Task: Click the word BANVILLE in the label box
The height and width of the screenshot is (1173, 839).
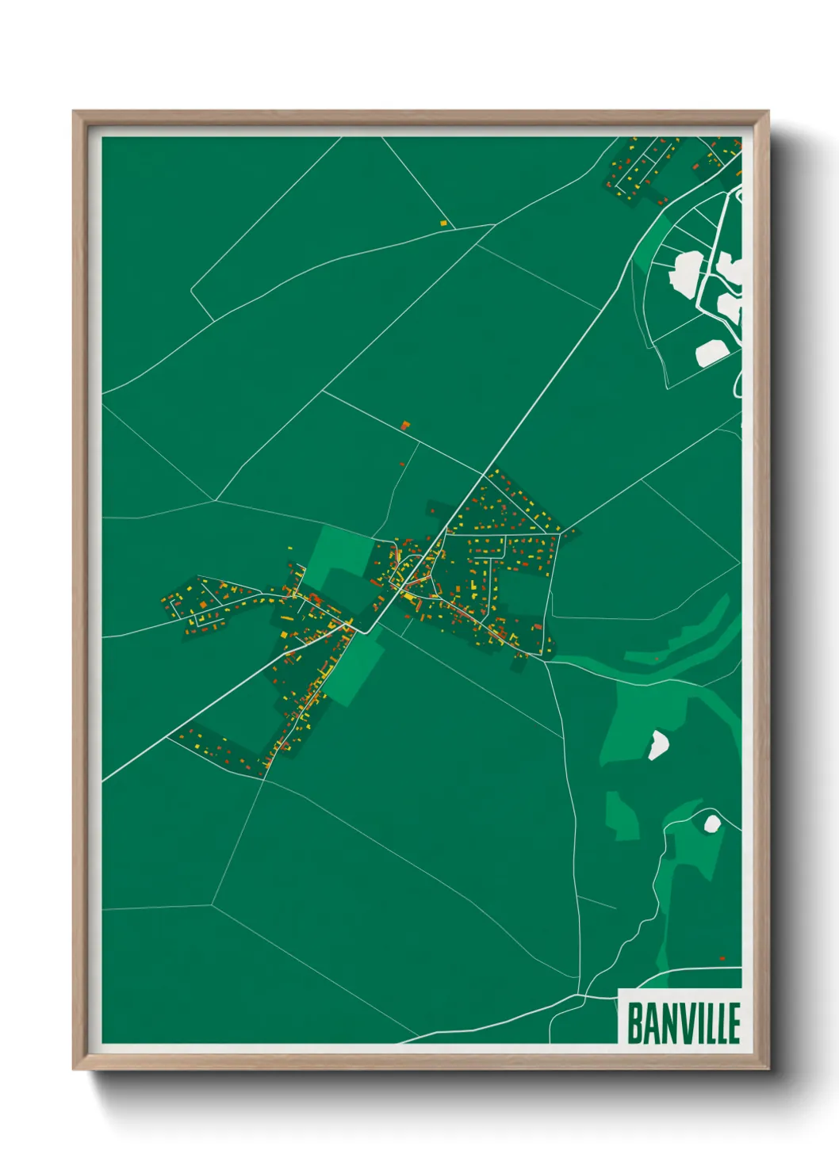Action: point(684,1022)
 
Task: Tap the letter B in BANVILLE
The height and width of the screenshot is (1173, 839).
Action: point(635,1022)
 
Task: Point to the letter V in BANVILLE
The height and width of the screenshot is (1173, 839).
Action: point(683,1022)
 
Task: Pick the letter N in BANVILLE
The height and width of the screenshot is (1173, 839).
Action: point(667,1022)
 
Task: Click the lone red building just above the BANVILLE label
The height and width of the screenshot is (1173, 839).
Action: point(722,959)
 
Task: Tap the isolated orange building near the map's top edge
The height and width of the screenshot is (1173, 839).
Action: point(444,224)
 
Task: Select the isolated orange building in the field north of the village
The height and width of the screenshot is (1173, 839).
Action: point(405,426)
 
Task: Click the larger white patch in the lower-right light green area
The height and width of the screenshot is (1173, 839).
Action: point(658,745)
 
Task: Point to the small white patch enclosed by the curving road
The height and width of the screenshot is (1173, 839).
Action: point(711,823)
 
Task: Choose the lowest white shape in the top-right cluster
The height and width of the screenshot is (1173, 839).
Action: point(711,353)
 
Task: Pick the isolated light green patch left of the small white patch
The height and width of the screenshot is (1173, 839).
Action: point(621,815)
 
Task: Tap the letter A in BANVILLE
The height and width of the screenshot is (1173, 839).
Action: point(650,1022)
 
